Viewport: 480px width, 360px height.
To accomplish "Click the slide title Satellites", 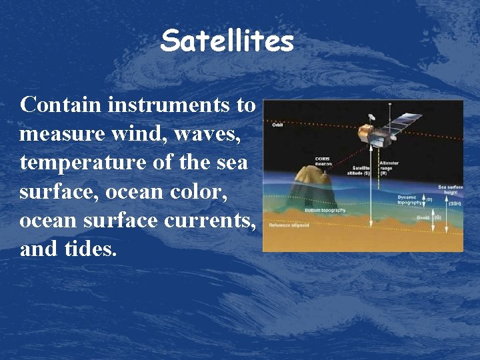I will (x=227, y=41).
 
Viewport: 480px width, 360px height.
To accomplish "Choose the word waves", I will (x=210, y=134).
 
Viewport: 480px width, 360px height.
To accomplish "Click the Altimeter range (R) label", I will (x=389, y=167).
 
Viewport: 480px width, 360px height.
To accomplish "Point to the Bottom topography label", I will (x=325, y=210).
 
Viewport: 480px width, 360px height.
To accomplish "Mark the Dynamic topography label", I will (x=407, y=199).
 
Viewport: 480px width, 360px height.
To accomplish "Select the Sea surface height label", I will (x=450, y=189).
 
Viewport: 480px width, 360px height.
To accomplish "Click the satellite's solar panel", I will (x=404, y=123).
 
